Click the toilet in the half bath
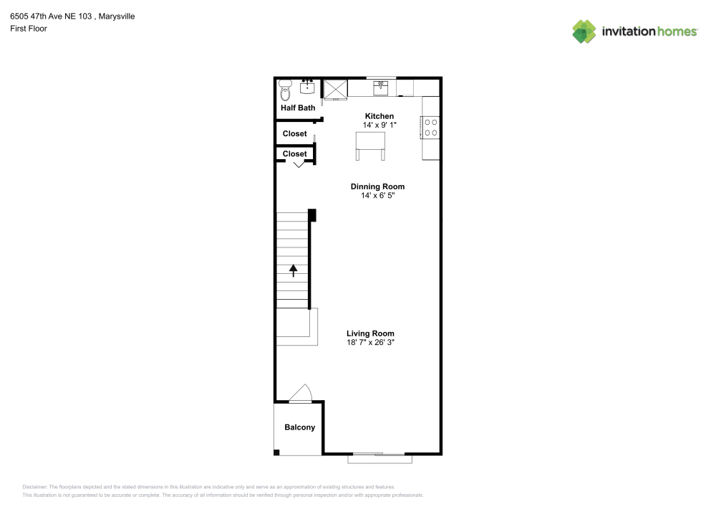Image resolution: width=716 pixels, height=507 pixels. pyautogui.click(x=285, y=91)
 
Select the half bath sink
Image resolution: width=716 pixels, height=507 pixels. pyautogui.click(x=308, y=87)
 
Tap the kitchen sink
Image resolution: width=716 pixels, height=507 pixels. pyautogui.click(x=381, y=87)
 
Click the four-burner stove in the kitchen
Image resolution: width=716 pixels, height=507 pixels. pyautogui.click(x=431, y=127)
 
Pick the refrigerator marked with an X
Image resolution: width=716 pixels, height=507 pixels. pyautogui.click(x=336, y=89)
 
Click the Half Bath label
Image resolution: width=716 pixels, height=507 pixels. pyautogui.click(x=298, y=108)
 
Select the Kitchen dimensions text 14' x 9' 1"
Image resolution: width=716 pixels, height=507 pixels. pyautogui.click(x=379, y=125)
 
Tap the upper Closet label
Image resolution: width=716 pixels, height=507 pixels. pyautogui.click(x=294, y=133)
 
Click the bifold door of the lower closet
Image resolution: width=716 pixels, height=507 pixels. pyautogui.click(x=299, y=164)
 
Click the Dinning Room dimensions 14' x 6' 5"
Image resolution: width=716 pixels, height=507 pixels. pyautogui.click(x=378, y=195)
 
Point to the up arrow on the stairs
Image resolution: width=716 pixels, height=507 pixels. pyautogui.click(x=293, y=270)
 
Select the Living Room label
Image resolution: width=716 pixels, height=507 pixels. pyautogui.click(x=370, y=333)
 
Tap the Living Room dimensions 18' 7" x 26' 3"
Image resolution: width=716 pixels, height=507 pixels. pyautogui.click(x=370, y=343)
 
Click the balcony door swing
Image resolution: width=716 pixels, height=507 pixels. pyautogui.click(x=301, y=394)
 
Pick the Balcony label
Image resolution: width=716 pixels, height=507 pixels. pyautogui.click(x=299, y=427)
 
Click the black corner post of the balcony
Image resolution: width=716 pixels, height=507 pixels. pyautogui.click(x=277, y=452)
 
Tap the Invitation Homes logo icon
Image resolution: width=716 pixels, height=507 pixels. pyautogui.click(x=584, y=32)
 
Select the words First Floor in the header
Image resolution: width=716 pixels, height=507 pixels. pyautogui.click(x=29, y=29)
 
